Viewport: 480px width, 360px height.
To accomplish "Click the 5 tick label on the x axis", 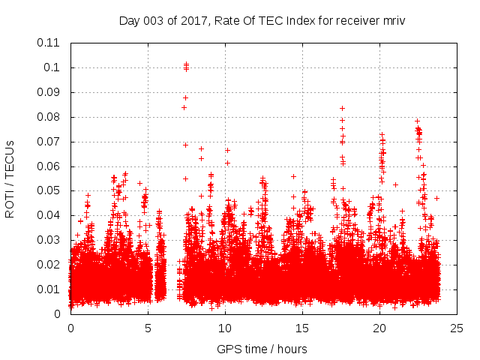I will click(148, 328).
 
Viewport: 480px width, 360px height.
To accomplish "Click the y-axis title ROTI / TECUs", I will click(10, 178).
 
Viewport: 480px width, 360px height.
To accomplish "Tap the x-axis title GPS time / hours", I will click(262, 349).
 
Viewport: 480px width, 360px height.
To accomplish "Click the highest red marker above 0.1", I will click(186, 64).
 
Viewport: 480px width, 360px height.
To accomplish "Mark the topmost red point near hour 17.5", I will click(342, 108).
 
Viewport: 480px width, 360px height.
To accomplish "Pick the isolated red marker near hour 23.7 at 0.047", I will click(436, 198).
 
